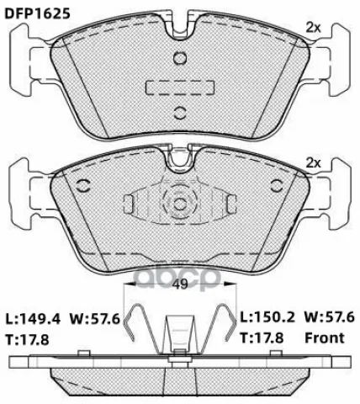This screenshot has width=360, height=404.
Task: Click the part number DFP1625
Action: point(38,13)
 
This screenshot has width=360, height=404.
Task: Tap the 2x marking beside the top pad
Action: point(313,28)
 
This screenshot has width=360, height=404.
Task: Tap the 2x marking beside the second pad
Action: point(313,163)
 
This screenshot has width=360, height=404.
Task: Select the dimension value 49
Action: point(180,284)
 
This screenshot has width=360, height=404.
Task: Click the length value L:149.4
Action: point(33,319)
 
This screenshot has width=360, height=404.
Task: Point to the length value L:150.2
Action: point(267,317)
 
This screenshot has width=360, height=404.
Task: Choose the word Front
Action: point(325,338)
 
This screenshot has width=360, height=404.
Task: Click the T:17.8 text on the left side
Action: point(28,340)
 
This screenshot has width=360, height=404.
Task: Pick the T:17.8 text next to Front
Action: point(262,338)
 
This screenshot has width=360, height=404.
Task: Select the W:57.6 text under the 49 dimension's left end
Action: point(95,319)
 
